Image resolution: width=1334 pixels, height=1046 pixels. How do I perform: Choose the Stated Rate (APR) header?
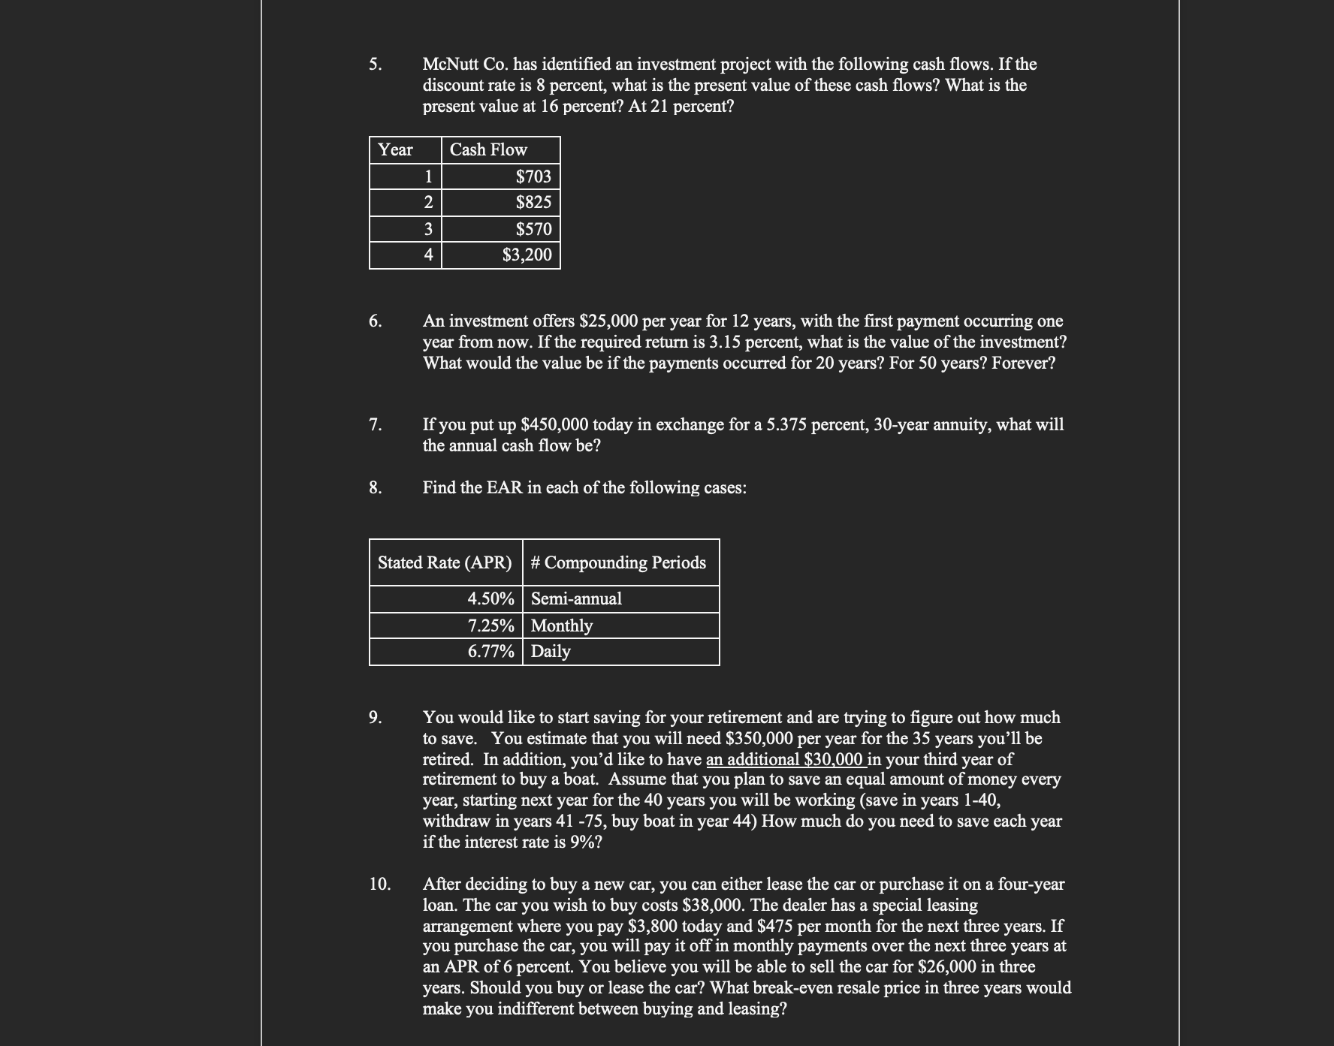tap(445, 562)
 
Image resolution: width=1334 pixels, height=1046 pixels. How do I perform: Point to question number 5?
tap(376, 64)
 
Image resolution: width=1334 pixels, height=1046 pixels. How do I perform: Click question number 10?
tap(380, 884)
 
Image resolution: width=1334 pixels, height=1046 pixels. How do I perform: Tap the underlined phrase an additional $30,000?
tap(785, 759)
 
